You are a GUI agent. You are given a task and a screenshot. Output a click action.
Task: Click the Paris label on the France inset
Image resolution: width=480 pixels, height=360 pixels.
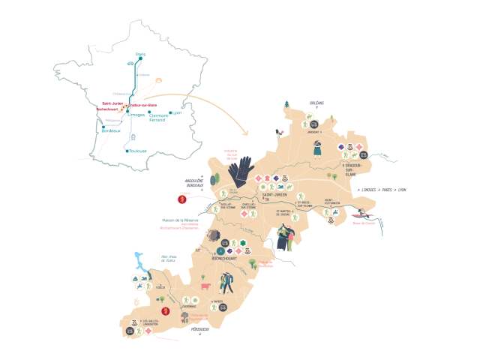139,55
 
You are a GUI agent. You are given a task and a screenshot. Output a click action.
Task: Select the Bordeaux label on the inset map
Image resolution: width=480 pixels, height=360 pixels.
110,131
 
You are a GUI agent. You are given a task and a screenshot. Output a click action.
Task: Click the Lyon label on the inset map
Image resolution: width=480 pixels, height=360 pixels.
177,112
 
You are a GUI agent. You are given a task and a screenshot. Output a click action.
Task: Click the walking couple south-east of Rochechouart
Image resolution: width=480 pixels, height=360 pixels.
229,282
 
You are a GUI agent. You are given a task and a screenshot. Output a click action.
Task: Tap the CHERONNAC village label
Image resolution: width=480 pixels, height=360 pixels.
190,306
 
